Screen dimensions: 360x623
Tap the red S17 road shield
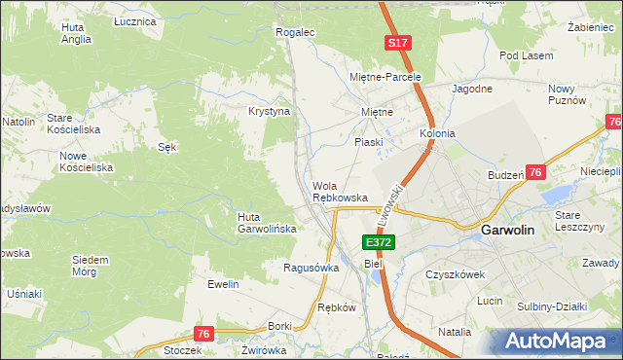tap(397, 44)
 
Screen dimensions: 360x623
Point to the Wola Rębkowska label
tap(340, 192)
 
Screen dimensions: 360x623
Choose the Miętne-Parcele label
tap(385, 77)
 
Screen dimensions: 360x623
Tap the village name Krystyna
tap(270, 111)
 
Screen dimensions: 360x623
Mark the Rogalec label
tap(296, 32)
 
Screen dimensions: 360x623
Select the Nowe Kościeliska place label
tap(87, 162)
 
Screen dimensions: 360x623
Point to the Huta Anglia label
tap(75, 34)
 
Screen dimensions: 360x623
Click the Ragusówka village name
tap(311, 268)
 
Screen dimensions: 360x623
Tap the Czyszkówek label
tap(456, 274)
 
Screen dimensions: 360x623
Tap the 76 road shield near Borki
tap(202, 334)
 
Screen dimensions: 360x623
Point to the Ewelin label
tap(223, 284)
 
